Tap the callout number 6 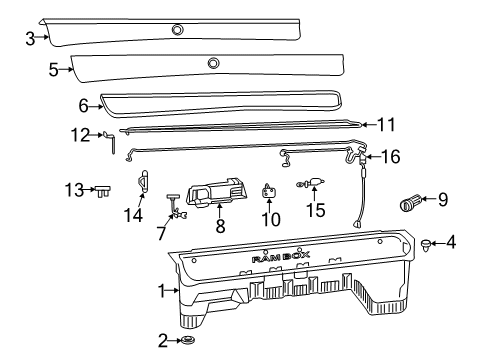click(85, 102)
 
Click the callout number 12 click(83, 133)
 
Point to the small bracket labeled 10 click(268, 191)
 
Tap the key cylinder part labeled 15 click(315, 183)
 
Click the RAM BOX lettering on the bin click(280, 257)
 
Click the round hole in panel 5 click(213, 64)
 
